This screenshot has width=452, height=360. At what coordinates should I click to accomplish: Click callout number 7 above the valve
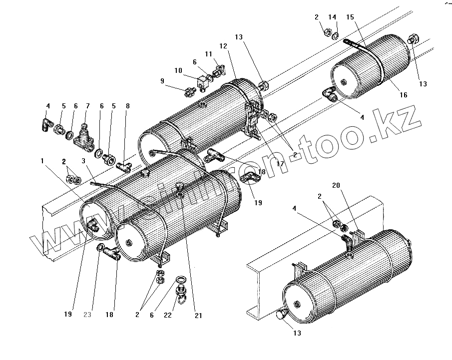(x=88, y=106)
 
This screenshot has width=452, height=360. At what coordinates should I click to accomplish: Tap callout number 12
(x=222, y=46)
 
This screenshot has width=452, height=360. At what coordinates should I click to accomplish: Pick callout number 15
(x=350, y=17)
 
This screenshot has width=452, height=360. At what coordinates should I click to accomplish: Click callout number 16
(x=403, y=95)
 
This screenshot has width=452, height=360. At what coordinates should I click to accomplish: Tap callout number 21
(x=198, y=316)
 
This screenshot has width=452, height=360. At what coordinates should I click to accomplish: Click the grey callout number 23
(x=88, y=315)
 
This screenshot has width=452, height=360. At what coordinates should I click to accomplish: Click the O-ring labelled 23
(x=101, y=248)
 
